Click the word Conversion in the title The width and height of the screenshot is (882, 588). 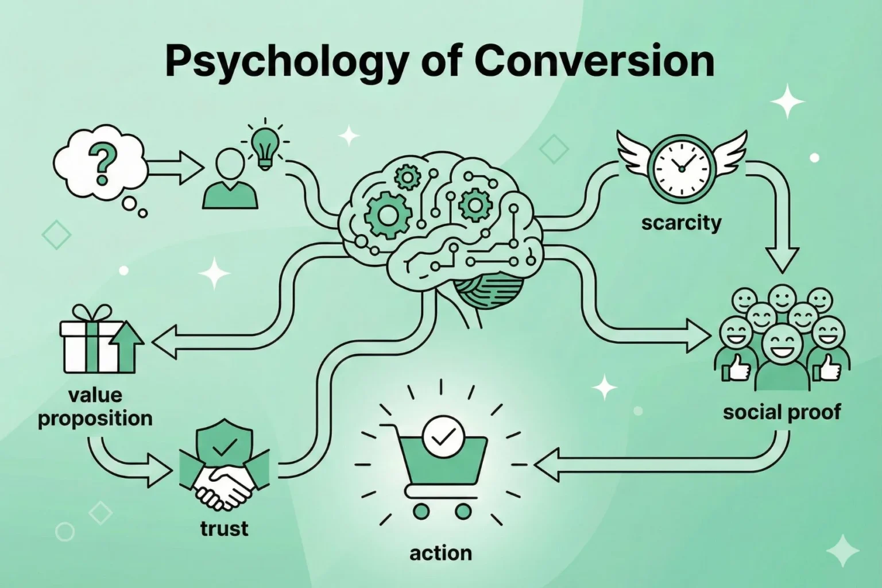click(594, 61)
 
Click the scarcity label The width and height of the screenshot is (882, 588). click(681, 222)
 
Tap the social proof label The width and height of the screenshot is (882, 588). click(782, 412)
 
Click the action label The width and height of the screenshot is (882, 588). click(440, 553)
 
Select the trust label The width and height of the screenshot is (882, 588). click(224, 528)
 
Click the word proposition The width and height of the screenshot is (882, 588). click(95, 418)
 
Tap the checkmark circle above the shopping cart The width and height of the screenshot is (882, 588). click(440, 438)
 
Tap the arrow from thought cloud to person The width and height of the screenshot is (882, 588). click(175, 168)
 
